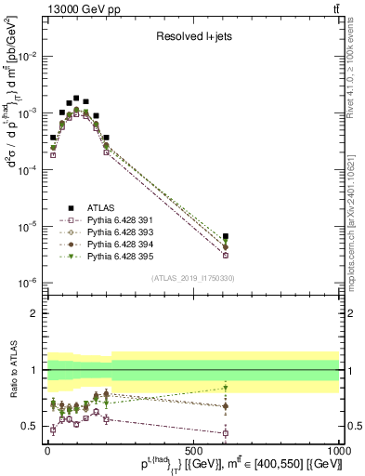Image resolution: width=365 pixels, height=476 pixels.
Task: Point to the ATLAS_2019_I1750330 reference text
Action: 192,278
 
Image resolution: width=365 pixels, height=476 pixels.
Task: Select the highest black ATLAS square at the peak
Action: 76,97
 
